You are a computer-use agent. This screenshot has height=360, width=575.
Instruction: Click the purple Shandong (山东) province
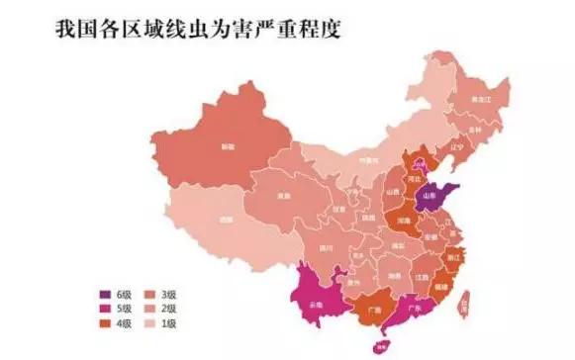436,196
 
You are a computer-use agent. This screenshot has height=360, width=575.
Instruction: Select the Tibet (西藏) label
227,219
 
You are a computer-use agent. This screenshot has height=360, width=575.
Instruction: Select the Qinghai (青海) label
285,196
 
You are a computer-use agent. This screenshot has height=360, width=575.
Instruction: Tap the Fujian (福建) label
439,282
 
